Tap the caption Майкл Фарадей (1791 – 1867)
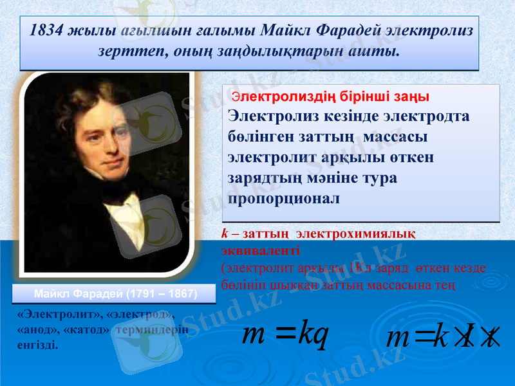pyautogui.click(x=115, y=294)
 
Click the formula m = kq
pyautogui.click(x=284, y=335)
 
